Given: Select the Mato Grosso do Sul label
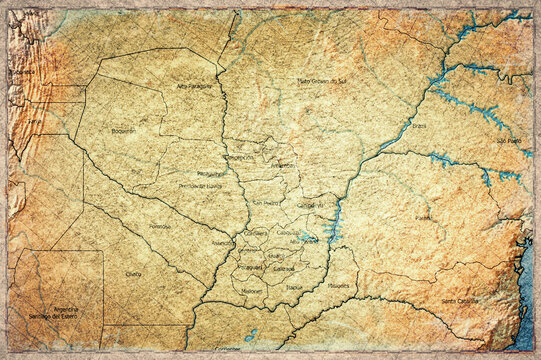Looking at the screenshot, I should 322,80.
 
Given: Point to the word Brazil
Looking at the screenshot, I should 418,126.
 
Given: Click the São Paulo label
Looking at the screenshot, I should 509,141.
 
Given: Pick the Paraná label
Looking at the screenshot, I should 424,216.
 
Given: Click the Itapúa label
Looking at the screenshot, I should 294,287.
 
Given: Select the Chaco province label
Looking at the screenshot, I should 134,273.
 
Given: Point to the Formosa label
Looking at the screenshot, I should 160,226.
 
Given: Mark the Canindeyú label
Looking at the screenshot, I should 310,205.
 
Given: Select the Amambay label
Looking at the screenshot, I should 283,165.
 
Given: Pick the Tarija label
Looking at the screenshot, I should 36,121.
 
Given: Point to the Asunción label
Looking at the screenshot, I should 223,243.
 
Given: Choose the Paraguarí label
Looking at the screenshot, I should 249,267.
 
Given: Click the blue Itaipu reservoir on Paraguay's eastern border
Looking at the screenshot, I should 334,222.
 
